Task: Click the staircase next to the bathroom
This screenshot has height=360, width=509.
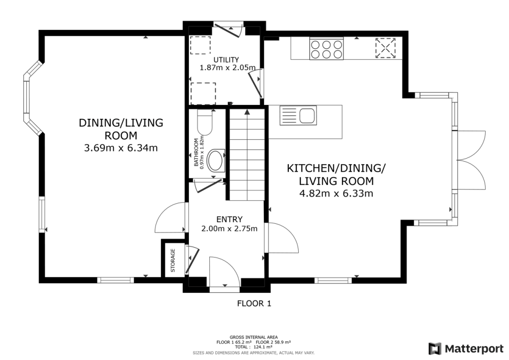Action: pyautogui.click(x=246, y=154)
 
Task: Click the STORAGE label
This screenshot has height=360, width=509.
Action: pyautogui.click(x=173, y=260)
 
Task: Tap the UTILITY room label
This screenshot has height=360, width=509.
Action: pyautogui.click(x=227, y=59)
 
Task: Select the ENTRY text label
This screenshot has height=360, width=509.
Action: pyautogui.click(x=229, y=219)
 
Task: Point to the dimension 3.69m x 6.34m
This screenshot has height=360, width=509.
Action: pyautogui.click(x=121, y=148)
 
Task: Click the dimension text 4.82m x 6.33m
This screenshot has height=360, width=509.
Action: pyautogui.click(x=336, y=193)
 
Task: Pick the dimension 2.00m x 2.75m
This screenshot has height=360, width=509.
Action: pyautogui.click(x=229, y=229)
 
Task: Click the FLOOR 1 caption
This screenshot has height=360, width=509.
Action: pyautogui.click(x=254, y=303)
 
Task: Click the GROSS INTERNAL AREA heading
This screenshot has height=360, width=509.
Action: pyautogui.click(x=254, y=337)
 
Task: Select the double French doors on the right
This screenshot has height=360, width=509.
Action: pyautogui.click(x=471, y=159)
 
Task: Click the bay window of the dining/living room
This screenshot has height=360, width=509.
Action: pyautogui.click(x=30, y=98)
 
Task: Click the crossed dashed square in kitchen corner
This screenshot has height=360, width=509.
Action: pyautogui.click(x=386, y=48)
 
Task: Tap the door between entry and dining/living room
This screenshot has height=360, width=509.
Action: pyautogui.click(x=170, y=217)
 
